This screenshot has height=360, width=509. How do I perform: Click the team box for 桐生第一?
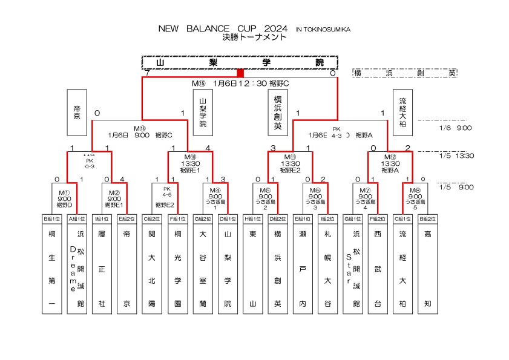coord(52,268)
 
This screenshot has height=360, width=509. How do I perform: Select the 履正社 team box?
coord(102,268)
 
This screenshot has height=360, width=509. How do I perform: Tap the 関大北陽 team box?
coord(152,268)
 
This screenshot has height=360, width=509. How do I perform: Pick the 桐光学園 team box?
coord(177,268)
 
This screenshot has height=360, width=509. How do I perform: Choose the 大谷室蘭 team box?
coord(202,268)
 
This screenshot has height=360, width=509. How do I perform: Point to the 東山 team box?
coord(252,268)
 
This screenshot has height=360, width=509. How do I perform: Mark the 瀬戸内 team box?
coord(302,268)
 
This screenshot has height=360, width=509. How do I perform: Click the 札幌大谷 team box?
coord(327,268)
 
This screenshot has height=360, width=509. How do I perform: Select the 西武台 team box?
coord(378,268)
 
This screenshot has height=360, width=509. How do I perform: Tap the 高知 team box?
coord(428,268)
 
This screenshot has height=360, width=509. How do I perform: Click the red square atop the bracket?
coord(240,73)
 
